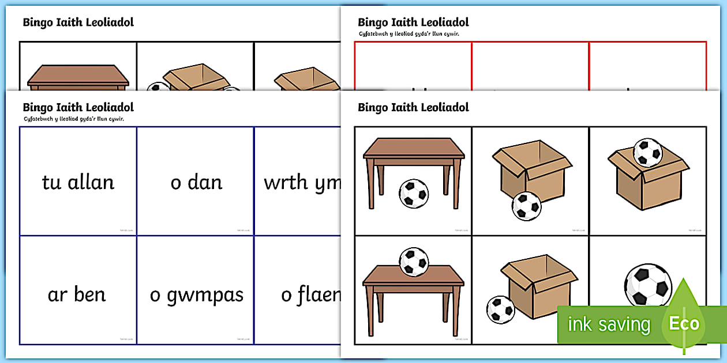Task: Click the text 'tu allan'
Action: [78, 183]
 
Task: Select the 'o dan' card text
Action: [196, 183]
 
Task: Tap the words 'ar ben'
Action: [77, 294]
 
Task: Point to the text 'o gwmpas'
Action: [196, 296]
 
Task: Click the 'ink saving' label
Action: [609, 324]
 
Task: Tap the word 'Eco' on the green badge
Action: [684, 323]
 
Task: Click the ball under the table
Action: [414, 193]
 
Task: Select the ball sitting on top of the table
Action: [414, 262]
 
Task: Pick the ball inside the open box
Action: [647, 152]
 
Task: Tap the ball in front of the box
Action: [526, 206]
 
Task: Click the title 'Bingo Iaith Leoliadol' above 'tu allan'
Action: [78, 107]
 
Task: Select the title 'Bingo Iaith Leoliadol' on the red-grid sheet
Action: [413, 22]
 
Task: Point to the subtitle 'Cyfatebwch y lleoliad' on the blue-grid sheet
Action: [73, 119]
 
